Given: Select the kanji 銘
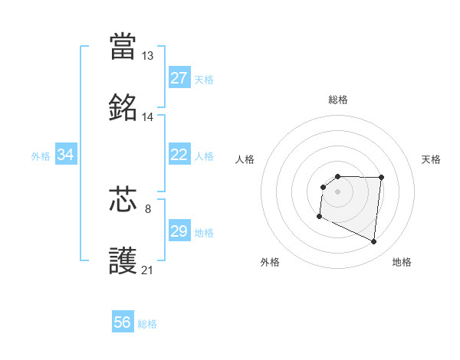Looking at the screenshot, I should point(123,108).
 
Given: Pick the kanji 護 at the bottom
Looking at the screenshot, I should point(123,260).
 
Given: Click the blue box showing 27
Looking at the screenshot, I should point(179,78).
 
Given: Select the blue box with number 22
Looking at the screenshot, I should point(179,155).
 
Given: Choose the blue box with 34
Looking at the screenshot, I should point(66,155).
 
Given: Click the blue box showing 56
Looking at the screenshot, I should point(123,322).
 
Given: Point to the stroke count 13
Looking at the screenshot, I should point(147,56).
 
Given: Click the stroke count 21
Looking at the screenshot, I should point(147,270).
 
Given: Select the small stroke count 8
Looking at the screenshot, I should point(147,208).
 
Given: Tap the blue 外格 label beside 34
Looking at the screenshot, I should point(41,156).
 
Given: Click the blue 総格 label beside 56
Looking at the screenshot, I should point(147,323).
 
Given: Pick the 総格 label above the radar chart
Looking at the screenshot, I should point(338,100).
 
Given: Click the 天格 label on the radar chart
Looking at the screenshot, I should point(432,159).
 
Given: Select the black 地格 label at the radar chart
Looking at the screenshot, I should point(402,262).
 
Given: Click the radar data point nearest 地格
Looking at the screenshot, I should point(374,242).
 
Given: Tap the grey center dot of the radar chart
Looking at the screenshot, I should point(338,191).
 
